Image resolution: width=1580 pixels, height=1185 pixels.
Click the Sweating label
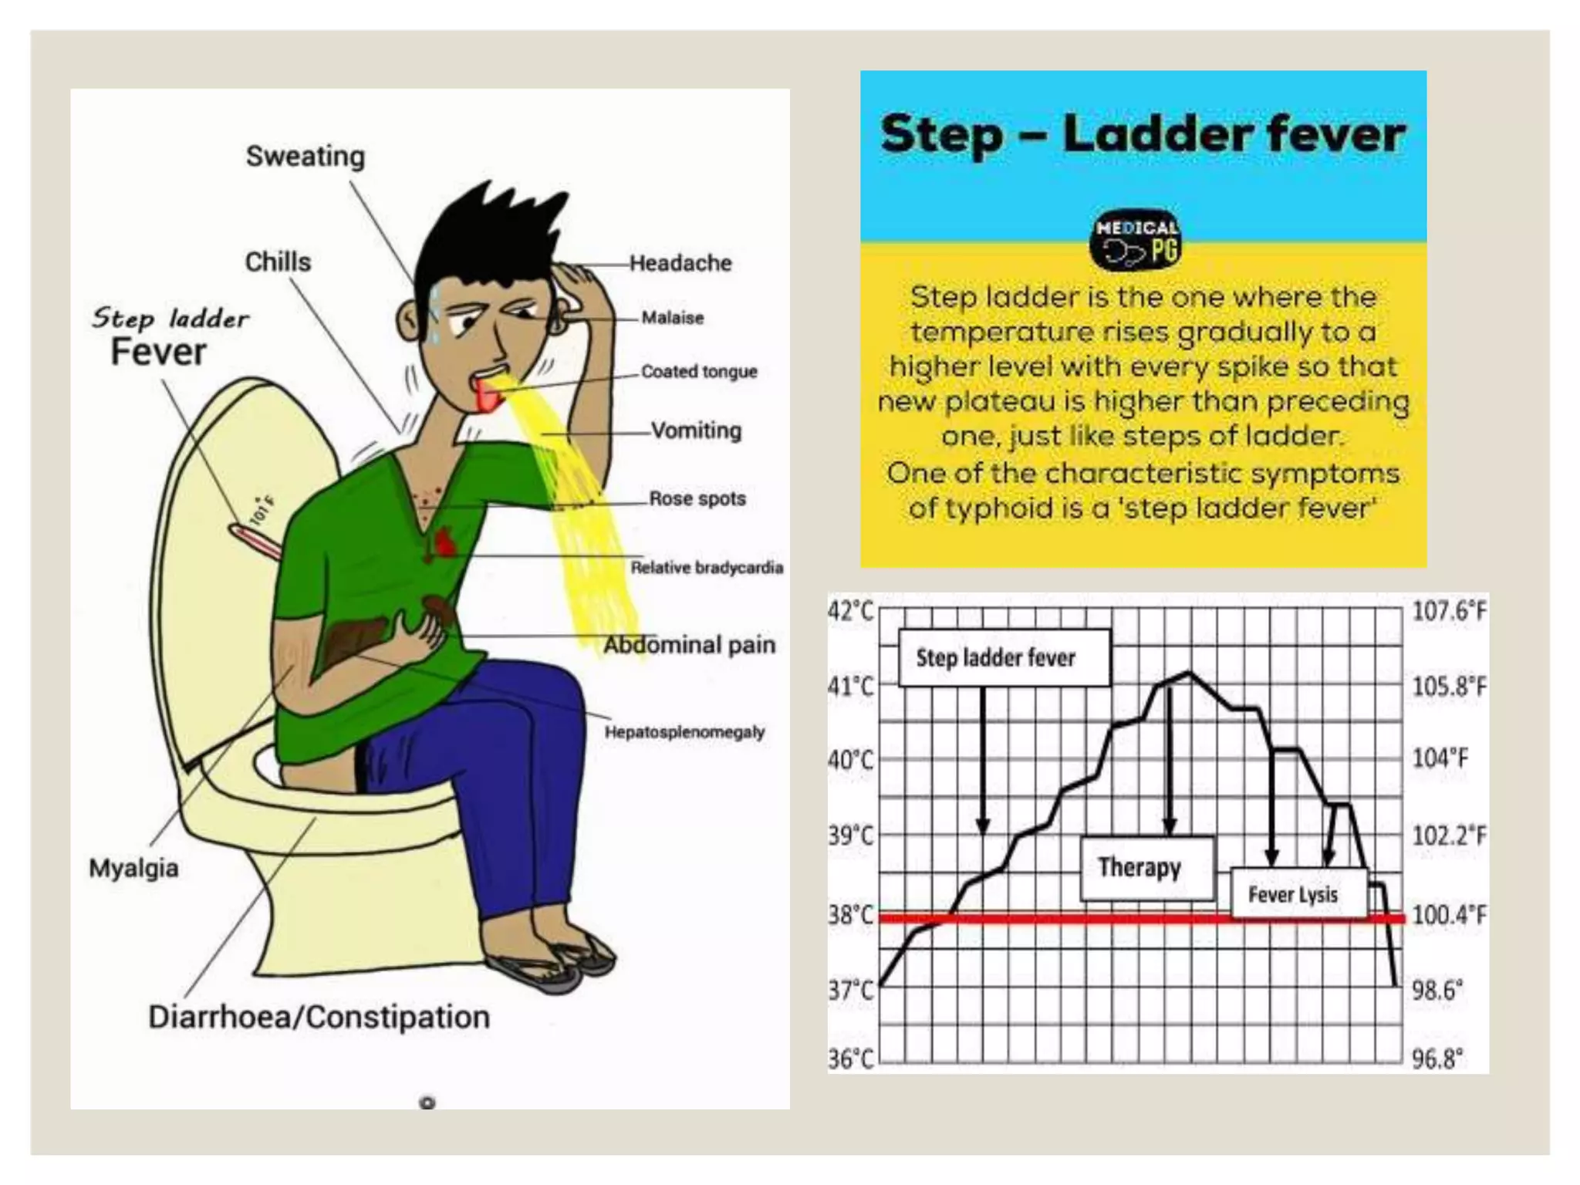click(x=306, y=157)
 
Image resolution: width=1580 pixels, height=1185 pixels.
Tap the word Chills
click(x=278, y=262)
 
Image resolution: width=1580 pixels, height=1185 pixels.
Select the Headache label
click(x=680, y=263)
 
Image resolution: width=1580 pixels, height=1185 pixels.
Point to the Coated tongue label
click(x=699, y=372)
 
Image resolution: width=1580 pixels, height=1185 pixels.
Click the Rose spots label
click(x=697, y=498)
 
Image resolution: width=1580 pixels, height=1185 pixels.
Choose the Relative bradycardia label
click(x=707, y=568)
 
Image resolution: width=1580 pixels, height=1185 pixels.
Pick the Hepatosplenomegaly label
click(x=684, y=732)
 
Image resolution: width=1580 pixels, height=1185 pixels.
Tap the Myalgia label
click(x=133, y=868)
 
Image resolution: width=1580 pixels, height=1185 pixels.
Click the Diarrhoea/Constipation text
click(x=319, y=1017)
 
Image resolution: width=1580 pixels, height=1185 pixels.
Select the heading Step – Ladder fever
click(x=1143, y=134)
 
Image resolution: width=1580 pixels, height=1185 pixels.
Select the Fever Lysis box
click(x=1293, y=895)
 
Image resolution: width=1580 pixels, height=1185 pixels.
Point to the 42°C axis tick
click(x=850, y=611)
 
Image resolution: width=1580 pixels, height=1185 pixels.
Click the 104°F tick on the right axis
click(x=1440, y=758)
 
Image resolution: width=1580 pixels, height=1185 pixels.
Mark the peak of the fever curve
click(x=1188, y=674)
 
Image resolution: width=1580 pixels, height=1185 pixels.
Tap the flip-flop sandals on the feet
click(x=552, y=964)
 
